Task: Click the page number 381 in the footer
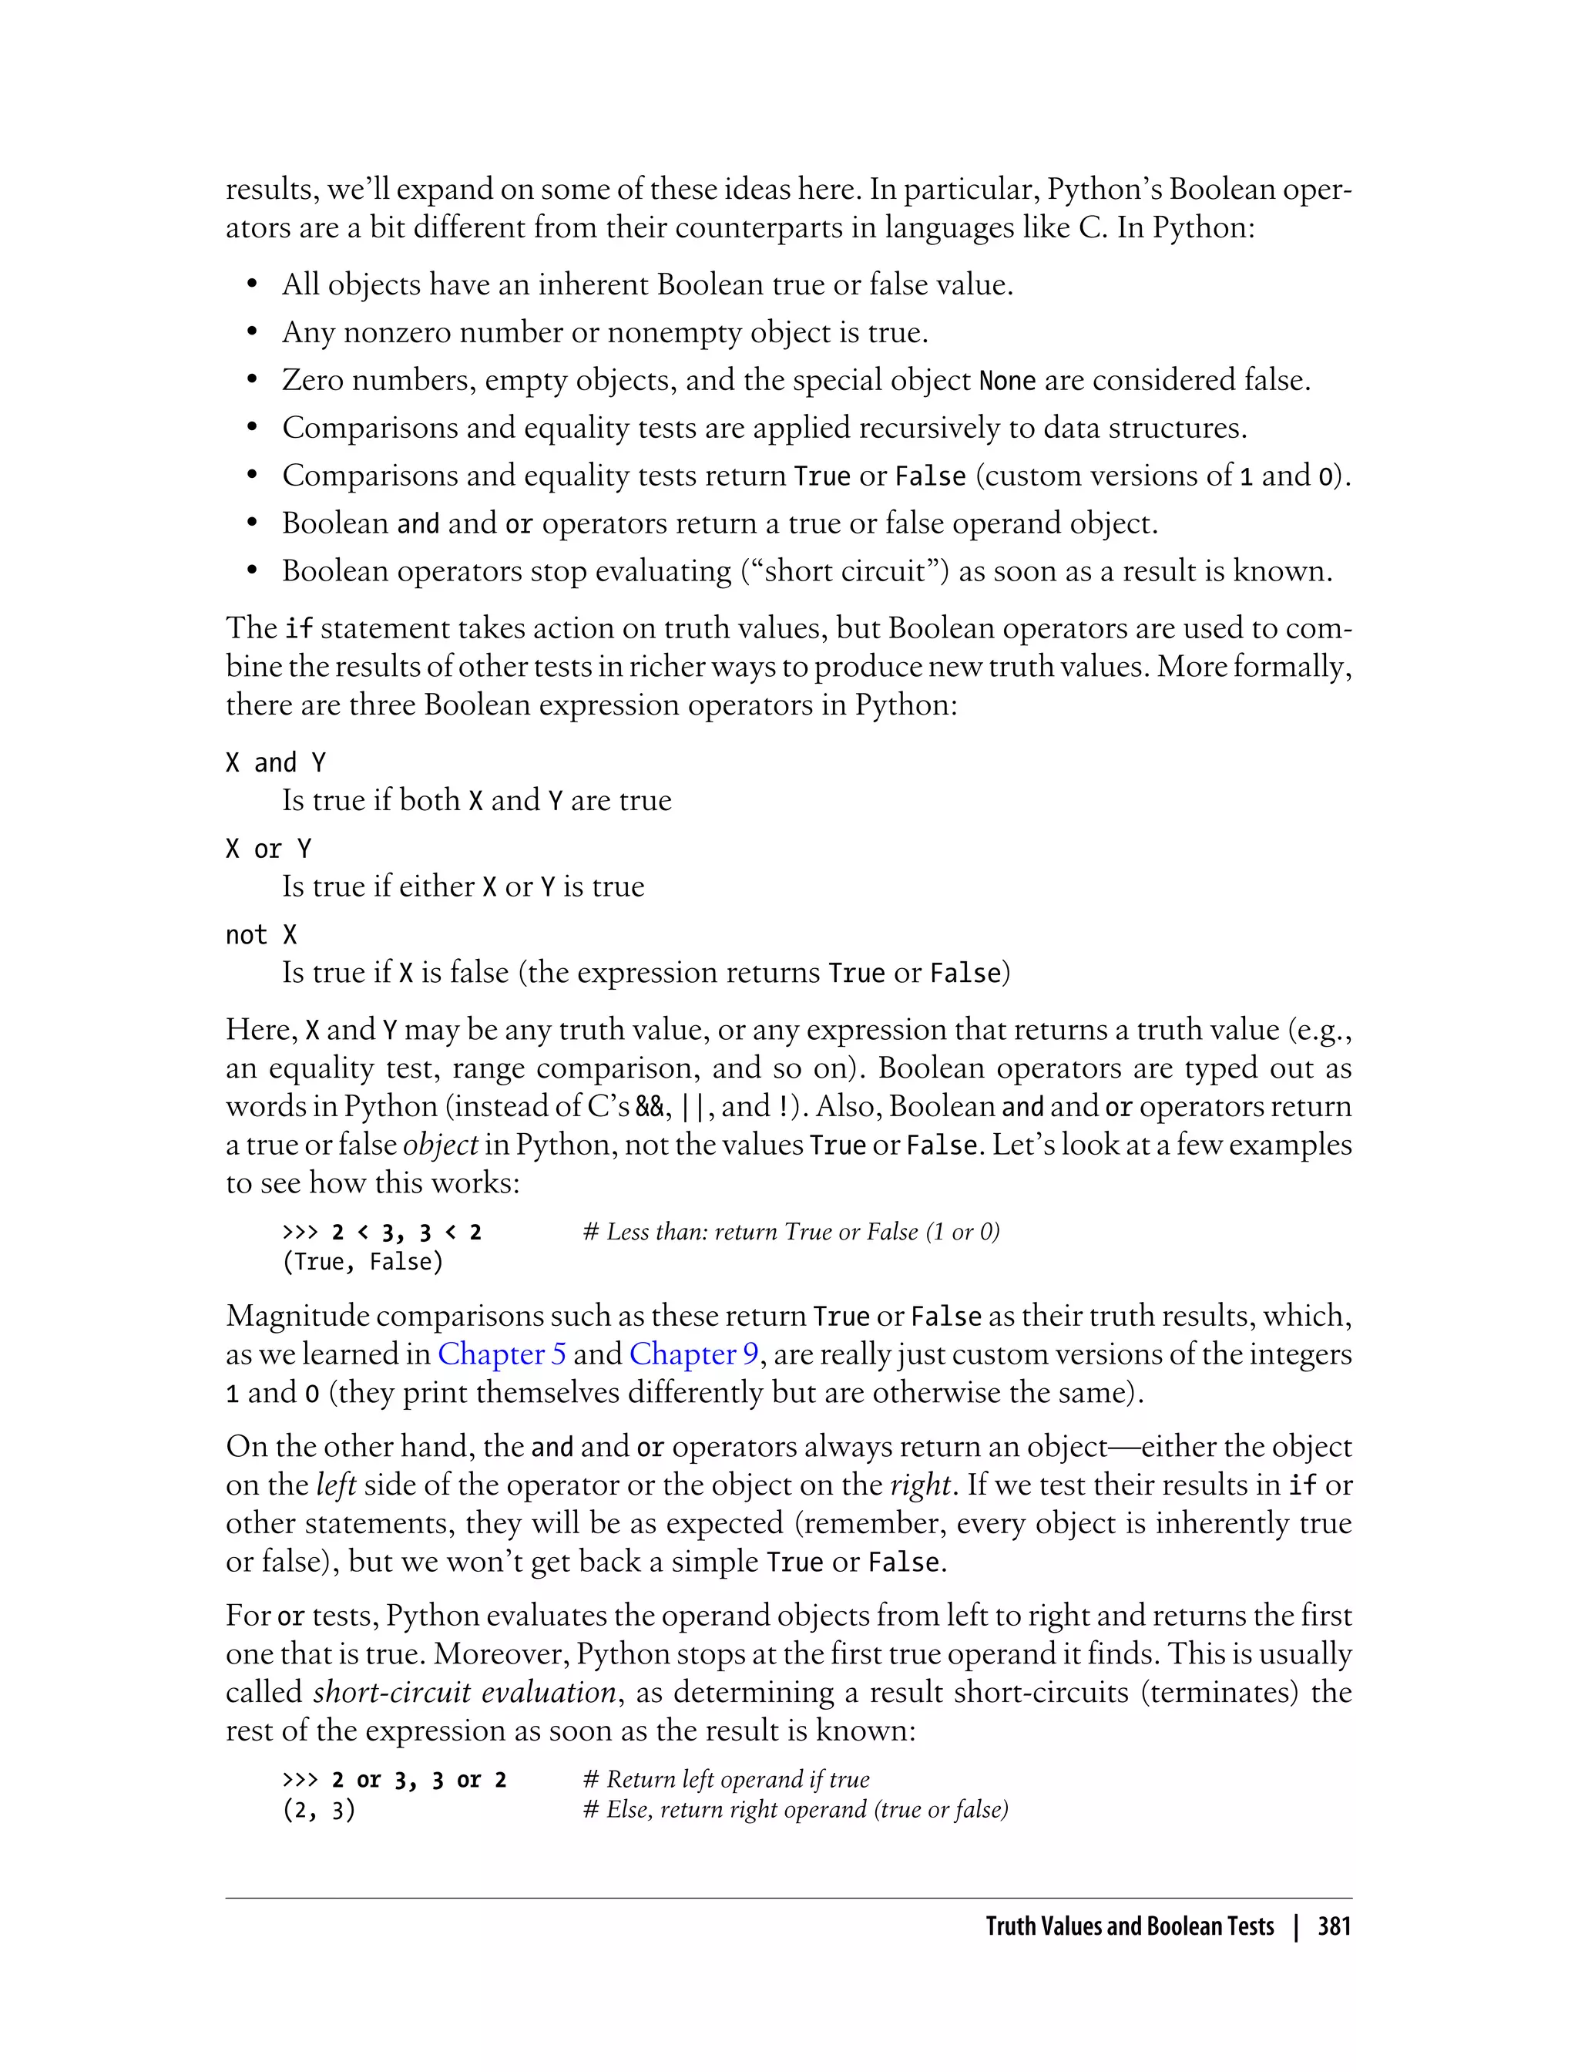1334,1927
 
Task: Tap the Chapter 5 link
502,1354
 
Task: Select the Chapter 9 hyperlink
693,1354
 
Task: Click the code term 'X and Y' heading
275,762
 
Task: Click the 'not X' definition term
261,935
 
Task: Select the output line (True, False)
363,1262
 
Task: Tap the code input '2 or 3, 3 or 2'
419,1780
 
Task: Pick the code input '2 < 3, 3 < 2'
407,1232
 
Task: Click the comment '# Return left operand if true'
726,1780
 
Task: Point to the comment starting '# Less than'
791,1232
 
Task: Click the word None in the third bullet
1007,382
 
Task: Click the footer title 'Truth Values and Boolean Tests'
1129,1927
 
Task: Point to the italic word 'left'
335,1485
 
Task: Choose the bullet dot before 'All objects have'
252,286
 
